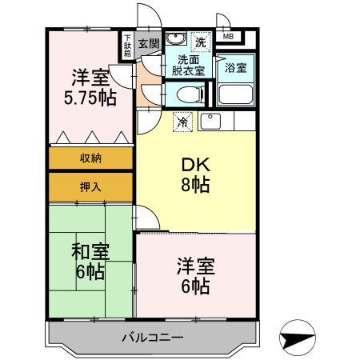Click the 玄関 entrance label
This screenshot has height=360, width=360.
pos(147,43)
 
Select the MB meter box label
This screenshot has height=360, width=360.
pos(229,37)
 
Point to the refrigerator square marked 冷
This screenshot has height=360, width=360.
pos(183,122)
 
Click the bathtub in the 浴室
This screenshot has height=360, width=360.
pos(236,94)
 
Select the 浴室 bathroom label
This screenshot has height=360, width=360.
pos(236,68)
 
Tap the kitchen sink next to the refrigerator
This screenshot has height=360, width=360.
pos(210,122)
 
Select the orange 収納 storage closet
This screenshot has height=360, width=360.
pos(90,158)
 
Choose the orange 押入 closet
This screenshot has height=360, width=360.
pos(90,186)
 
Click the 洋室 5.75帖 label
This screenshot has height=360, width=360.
pos(90,88)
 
